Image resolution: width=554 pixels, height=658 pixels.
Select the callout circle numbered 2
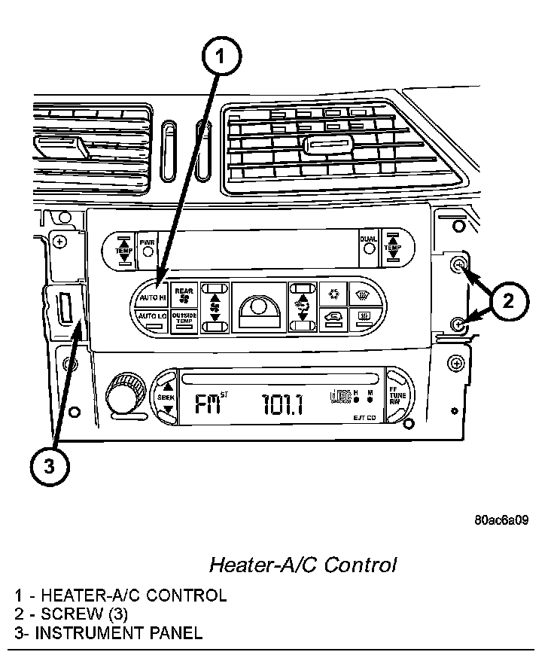(x=508, y=301)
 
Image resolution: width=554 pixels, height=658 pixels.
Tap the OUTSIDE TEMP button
(x=184, y=318)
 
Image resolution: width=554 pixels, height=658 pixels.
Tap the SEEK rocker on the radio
(x=166, y=397)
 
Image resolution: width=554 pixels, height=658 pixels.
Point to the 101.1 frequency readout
(x=282, y=405)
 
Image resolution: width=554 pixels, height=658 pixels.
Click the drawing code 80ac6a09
(x=501, y=520)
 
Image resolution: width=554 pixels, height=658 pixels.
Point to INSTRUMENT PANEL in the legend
(x=119, y=632)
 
